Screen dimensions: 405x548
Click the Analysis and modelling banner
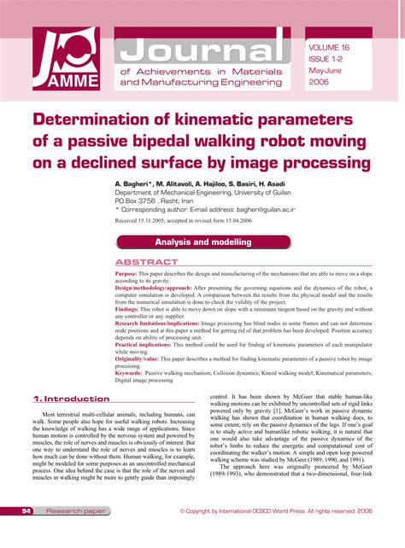202,242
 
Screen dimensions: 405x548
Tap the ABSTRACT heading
147,262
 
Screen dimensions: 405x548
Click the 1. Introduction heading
71,399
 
